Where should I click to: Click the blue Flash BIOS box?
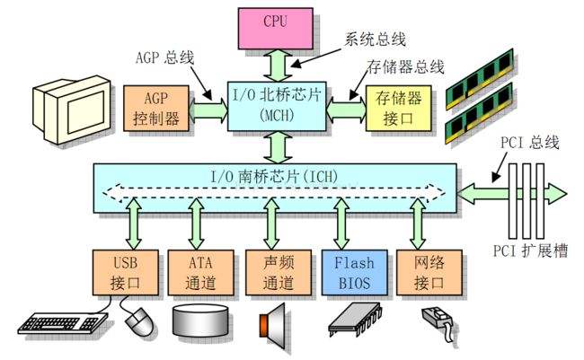pyautogui.click(x=350, y=271)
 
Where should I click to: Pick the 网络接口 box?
pyautogui.click(x=429, y=271)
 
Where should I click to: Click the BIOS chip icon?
pyautogui.click(x=351, y=320)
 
